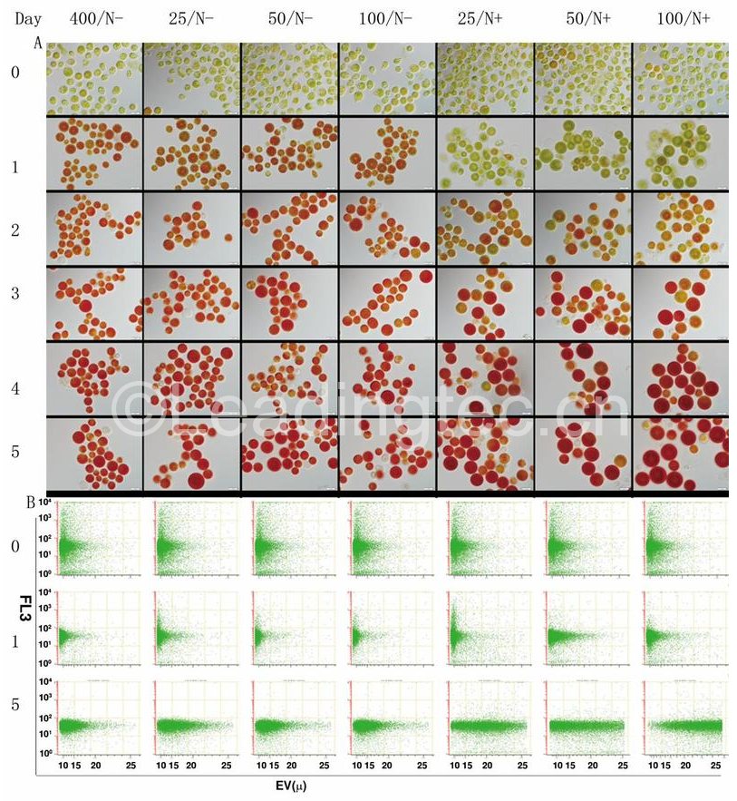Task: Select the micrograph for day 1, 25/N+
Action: [485, 153]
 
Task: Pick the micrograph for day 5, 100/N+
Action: [680, 454]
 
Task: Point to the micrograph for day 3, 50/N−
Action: [290, 302]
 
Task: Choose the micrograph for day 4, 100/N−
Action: [387, 377]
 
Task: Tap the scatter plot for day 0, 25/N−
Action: [191, 538]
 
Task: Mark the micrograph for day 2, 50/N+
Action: [583, 229]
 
